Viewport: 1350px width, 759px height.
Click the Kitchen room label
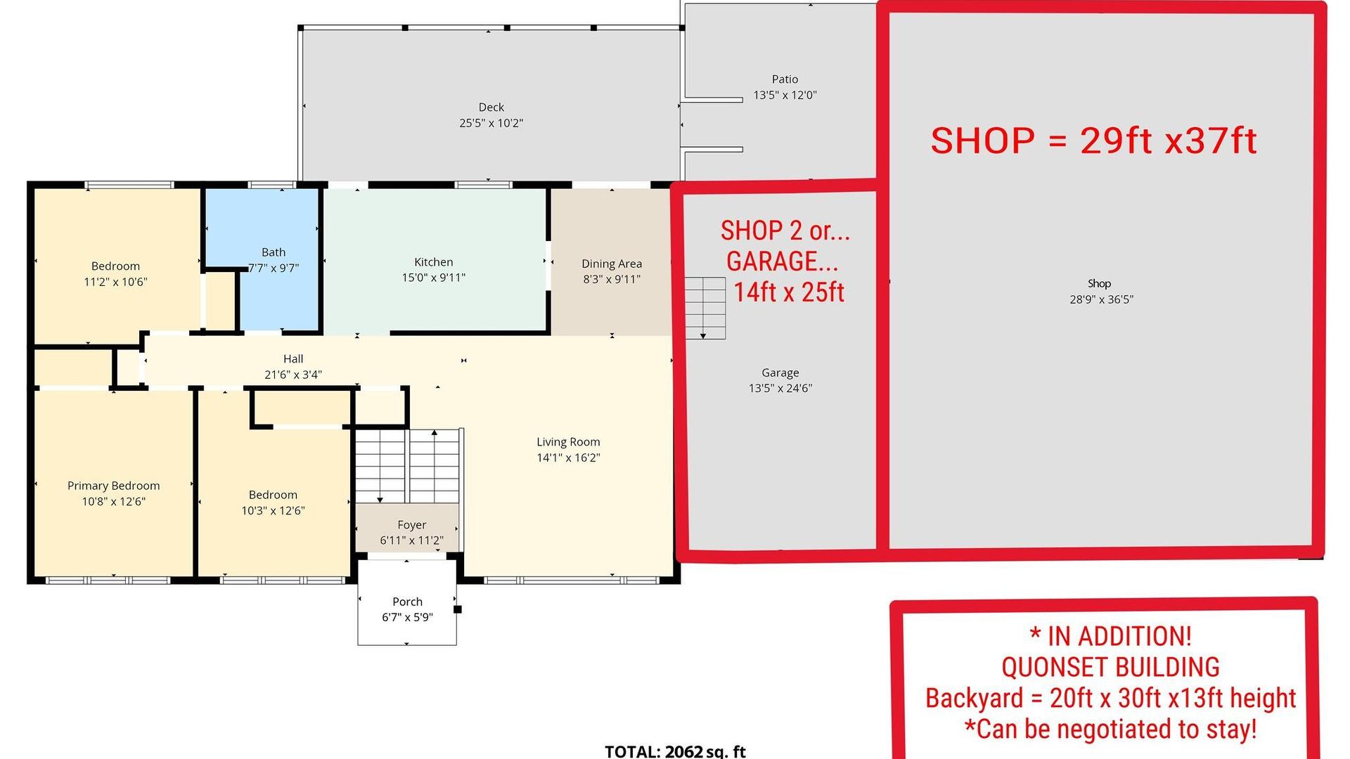[433, 262]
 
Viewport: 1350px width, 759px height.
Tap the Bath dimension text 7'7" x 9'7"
[274, 268]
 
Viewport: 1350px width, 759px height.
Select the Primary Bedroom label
[113, 486]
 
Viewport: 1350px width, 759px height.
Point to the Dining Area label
[612, 264]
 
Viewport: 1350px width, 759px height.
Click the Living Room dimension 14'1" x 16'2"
[568, 458]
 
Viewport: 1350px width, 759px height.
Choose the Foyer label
[411, 525]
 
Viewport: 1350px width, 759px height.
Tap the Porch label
[407, 602]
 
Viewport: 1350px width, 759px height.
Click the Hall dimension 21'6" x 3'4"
[293, 375]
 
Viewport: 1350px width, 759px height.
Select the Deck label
[491, 108]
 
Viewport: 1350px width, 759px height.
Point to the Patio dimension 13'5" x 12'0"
[785, 95]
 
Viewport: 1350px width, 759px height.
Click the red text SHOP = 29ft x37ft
[1093, 141]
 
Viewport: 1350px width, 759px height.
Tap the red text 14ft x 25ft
[789, 292]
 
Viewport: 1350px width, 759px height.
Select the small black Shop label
[1099, 283]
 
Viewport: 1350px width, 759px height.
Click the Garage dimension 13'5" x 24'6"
[780, 388]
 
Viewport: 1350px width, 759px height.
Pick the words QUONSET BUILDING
[1110, 667]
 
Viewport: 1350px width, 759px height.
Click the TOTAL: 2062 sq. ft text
[675, 751]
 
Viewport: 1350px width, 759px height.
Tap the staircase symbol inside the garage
[705, 308]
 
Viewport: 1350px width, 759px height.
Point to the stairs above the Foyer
[407, 465]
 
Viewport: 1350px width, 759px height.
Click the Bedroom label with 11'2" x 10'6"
[115, 266]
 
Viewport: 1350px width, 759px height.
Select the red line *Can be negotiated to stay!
[1110, 729]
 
